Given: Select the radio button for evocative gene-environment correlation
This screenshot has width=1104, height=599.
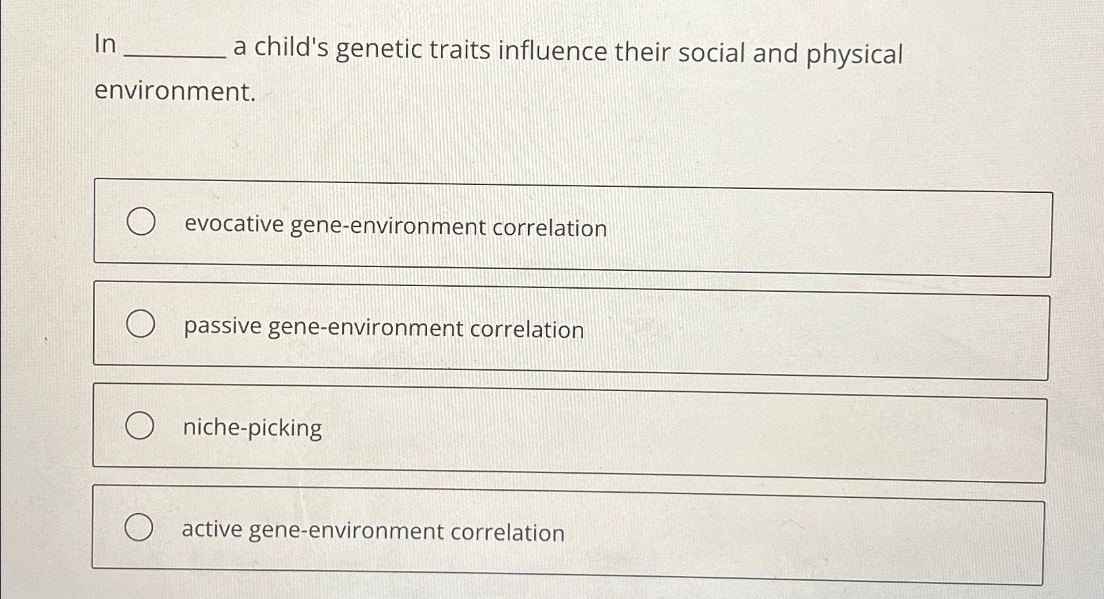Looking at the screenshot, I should click(x=141, y=222).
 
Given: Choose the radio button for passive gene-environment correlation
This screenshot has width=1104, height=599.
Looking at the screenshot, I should click(x=140, y=324).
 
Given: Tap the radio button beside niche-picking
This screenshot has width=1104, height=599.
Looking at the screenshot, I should click(x=140, y=426).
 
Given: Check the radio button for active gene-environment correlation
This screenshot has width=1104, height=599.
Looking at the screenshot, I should click(x=139, y=527).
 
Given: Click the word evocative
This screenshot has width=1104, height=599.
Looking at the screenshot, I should click(x=234, y=224).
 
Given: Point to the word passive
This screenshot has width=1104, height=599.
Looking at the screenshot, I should click(x=223, y=326).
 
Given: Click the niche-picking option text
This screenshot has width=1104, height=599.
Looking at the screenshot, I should click(x=253, y=428).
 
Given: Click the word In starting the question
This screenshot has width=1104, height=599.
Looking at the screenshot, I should click(x=105, y=45).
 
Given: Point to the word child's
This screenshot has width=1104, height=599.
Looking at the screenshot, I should click(x=291, y=47).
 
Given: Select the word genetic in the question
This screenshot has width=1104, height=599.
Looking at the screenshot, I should click(x=379, y=50).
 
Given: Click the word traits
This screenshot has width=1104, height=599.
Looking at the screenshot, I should click(x=460, y=50).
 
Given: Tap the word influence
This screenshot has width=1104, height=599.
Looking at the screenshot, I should click(x=552, y=51).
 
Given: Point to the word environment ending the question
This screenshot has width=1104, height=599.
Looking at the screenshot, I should click(x=174, y=91).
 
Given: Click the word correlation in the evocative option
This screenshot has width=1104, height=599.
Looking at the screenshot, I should click(x=550, y=228).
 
